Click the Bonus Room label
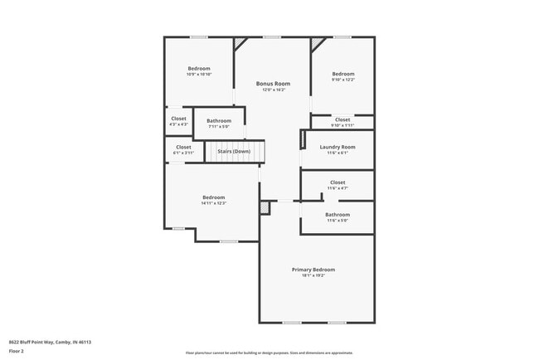273,84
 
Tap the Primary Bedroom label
313,270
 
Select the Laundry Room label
337,147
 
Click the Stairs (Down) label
234,152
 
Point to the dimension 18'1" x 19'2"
313,275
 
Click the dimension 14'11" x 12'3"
214,203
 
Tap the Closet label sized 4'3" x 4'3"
179,119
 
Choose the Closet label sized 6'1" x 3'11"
183,147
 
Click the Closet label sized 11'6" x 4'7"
337,182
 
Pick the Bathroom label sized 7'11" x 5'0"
219,121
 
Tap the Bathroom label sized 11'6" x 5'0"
337,215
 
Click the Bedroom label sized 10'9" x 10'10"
199,68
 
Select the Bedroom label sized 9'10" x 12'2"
343,74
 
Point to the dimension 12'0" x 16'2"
273,90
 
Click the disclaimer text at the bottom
269,353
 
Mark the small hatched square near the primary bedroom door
265,207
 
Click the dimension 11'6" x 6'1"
337,153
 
